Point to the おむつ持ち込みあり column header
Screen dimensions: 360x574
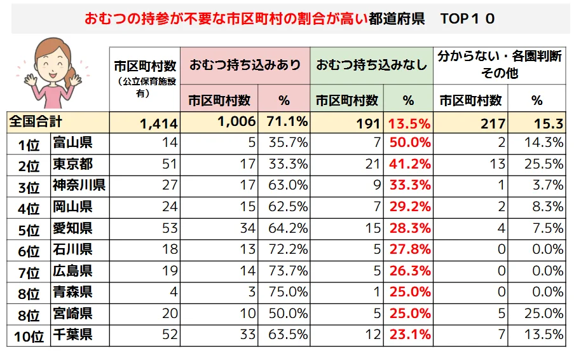point(245,65)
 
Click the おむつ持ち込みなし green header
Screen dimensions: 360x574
point(371,65)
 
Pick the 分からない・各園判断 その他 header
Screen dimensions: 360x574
point(500,65)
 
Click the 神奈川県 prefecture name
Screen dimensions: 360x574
point(79,186)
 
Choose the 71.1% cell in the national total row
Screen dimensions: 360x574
point(284,121)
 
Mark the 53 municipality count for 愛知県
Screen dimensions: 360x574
point(169,228)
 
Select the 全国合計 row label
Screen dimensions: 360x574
point(35,121)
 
